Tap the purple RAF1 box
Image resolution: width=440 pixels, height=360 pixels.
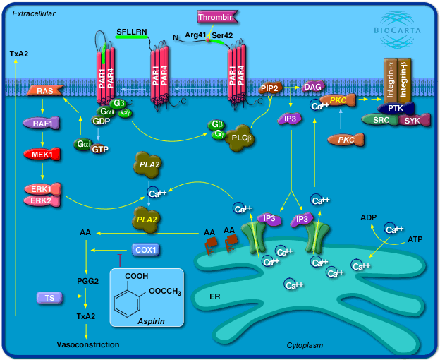pos(42,123)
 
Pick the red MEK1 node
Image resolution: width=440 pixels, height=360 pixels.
pos(42,154)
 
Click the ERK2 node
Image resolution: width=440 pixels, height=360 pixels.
pos(42,201)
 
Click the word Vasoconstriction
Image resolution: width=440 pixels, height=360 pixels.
pos(88,344)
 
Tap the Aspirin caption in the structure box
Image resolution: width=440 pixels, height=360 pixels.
pos(151,321)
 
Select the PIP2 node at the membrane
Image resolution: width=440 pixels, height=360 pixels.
pos(271,88)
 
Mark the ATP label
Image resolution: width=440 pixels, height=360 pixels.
pos(416,241)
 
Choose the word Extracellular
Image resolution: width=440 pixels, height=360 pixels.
pos(34,13)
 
